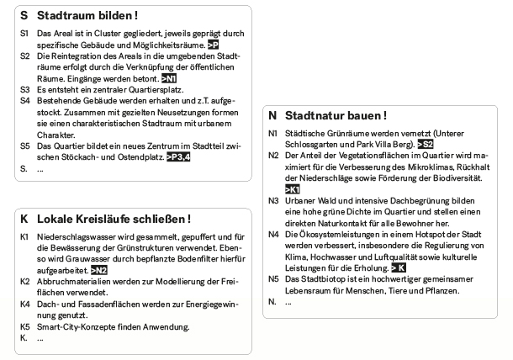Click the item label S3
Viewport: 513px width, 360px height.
coord(24,87)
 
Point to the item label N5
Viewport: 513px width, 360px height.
coord(272,278)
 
